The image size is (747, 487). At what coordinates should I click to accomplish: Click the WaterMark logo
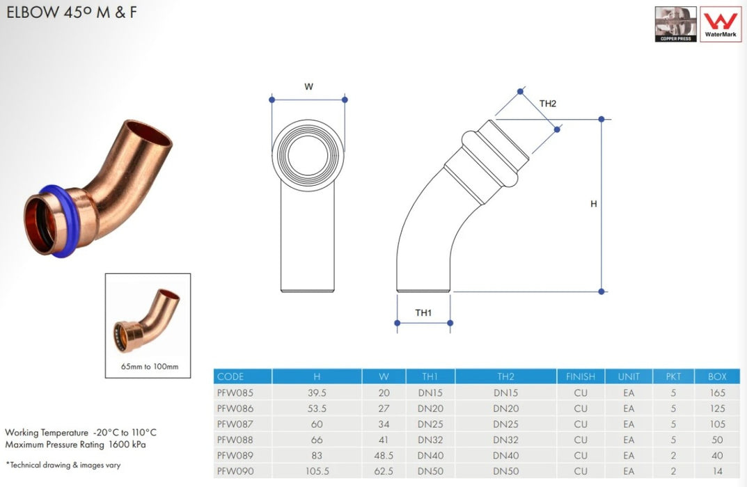point(720,24)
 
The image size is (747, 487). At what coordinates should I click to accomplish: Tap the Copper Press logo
point(675,24)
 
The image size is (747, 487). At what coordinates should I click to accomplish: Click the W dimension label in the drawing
point(308,87)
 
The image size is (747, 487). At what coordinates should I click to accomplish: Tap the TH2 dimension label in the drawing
point(548,104)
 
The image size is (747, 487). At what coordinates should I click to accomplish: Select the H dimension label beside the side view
point(594,204)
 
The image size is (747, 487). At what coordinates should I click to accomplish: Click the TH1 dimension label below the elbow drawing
point(423,313)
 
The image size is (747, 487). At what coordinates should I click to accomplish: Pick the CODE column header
point(230,376)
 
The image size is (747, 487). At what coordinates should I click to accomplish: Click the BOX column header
point(716,376)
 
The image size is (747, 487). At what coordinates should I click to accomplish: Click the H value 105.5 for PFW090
point(316,471)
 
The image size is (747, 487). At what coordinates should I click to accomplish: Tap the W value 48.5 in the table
point(384,456)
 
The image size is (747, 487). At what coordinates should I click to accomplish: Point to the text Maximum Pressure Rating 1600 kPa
point(75,444)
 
